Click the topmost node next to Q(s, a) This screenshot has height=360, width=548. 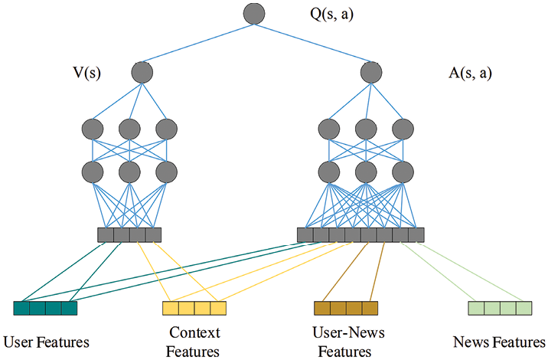coord(254,13)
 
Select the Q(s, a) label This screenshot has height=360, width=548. coord(331,15)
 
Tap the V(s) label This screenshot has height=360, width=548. coord(86,73)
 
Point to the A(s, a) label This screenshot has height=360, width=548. coord(470,73)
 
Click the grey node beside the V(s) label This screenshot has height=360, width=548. coord(142,73)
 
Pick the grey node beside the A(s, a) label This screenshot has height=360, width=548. coord(371,73)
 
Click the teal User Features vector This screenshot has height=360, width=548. coord(45,308)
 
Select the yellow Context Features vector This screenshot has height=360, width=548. coord(194,308)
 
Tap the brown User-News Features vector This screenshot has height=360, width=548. coord(346,308)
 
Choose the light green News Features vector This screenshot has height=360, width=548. coord(500,308)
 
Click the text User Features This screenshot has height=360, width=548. coord(46,342)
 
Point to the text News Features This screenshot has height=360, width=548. coord(499,342)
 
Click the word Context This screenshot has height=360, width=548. coord(194,332)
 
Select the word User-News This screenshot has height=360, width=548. coord(348,332)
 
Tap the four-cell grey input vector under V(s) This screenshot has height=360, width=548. coord(129,234)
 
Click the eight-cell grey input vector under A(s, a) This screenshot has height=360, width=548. coord(360,234)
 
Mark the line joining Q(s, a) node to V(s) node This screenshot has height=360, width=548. coord(197,43)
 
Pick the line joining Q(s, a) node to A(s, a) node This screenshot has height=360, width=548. coord(313,43)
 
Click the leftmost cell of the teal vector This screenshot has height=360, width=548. coord(21,308)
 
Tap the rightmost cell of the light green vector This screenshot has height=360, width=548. coord(524,308)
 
